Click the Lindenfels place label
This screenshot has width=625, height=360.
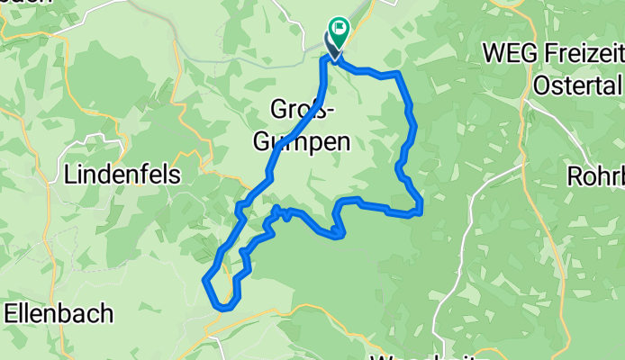(122, 174)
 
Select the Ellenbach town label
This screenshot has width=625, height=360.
(59, 313)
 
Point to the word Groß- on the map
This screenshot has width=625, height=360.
(303, 110)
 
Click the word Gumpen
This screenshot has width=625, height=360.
(300, 141)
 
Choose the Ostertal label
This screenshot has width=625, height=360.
(577, 85)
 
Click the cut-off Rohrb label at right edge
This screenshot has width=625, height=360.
(596, 175)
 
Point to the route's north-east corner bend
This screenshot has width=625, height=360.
(397, 74)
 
